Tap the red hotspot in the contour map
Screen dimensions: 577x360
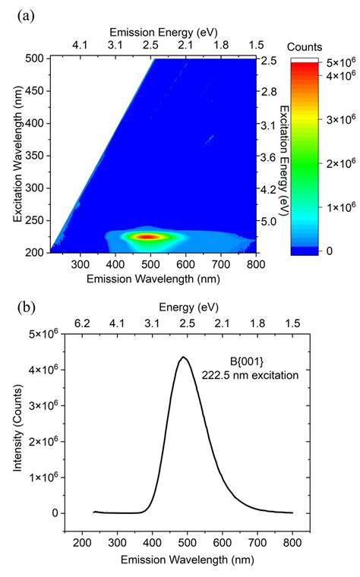click(146, 237)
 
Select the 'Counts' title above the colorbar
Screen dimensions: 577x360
click(313, 46)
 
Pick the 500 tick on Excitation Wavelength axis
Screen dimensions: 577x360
click(33, 58)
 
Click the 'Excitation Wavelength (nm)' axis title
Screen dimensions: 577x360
click(17, 156)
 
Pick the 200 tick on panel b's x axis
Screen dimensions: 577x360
click(82, 544)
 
